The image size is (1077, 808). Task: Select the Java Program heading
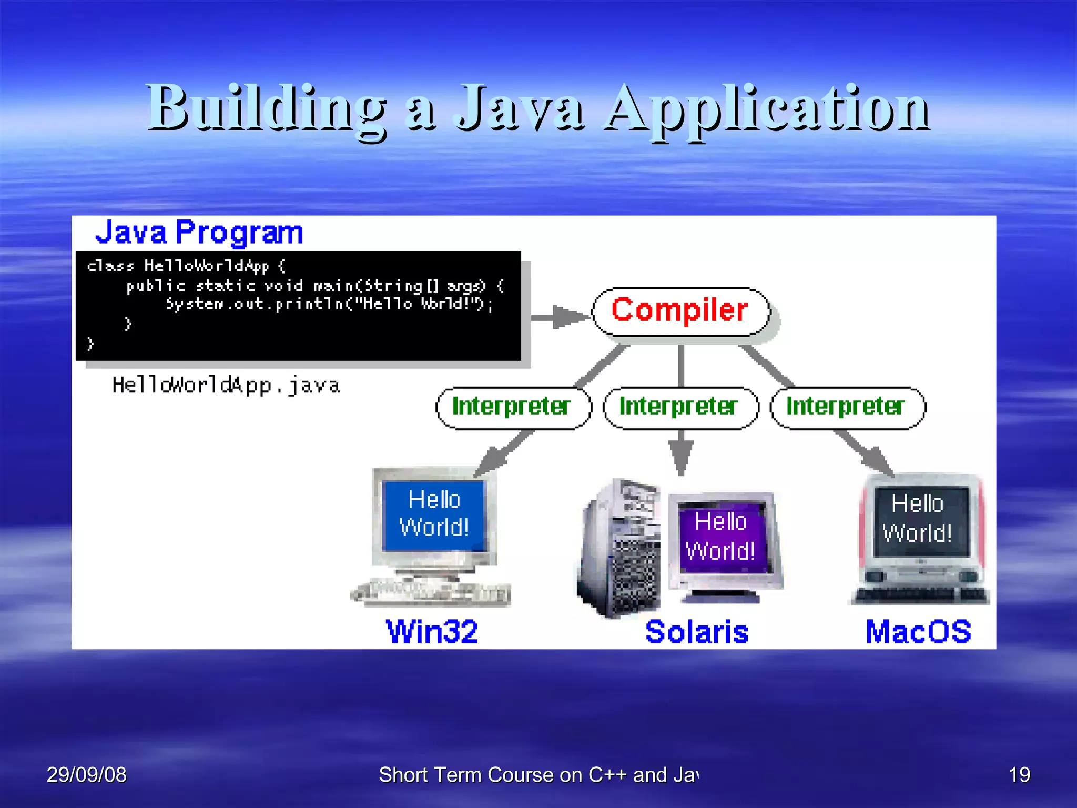pyautogui.click(x=199, y=232)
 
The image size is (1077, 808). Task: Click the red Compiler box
pyautogui.click(x=680, y=311)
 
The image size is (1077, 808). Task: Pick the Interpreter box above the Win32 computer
pyautogui.click(x=513, y=408)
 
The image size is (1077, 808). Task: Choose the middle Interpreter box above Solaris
pyautogui.click(x=680, y=408)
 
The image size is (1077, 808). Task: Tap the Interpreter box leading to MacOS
pyautogui.click(x=847, y=408)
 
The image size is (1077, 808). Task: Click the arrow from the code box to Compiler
pyautogui.click(x=560, y=317)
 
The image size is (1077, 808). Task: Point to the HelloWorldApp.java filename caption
pyautogui.click(x=226, y=386)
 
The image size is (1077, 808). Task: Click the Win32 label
pyautogui.click(x=432, y=632)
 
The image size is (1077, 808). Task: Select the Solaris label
pyautogui.click(x=697, y=632)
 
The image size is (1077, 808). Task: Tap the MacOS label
pyautogui.click(x=918, y=632)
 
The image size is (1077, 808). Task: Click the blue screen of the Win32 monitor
pyautogui.click(x=434, y=514)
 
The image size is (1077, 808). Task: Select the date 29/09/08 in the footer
pyautogui.click(x=87, y=775)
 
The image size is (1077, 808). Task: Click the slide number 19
pyautogui.click(x=1019, y=775)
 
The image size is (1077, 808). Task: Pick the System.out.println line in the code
pyautogui.click(x=329, y=304)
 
